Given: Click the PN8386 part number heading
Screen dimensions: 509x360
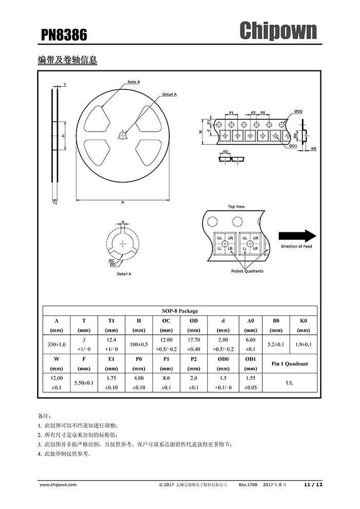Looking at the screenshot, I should (x=64, y=35).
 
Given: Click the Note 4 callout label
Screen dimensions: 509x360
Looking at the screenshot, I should (x=134, y=82).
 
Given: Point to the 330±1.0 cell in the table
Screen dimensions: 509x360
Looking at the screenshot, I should (x=57, y=344).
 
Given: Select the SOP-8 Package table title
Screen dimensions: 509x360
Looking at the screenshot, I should (x=180, y=311).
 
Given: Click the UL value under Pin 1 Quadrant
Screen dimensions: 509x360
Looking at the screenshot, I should (x=290, y=383).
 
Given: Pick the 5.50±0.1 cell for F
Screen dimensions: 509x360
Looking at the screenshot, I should (x=84, y=383).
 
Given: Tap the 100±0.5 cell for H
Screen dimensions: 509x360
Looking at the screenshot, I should (x=139, y=344).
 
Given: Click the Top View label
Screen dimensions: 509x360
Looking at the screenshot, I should (x=236, y=207).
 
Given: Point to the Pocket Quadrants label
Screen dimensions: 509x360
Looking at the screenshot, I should (x=247, y=271).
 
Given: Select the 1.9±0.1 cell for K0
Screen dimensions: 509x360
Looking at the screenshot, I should (x=303, y=344).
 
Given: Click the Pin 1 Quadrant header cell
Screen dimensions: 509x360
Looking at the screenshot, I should (x=290, y=363).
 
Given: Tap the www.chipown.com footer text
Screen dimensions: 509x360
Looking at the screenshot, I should (x=58, y=484).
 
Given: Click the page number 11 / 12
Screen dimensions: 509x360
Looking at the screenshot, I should (x=313, y=484).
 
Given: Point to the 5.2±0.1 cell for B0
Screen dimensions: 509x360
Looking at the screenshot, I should (x=276, y=344).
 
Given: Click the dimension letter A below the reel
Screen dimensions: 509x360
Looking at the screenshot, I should (x=123, y=203).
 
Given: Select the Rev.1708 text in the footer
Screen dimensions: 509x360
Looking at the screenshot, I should (x=248, y=484).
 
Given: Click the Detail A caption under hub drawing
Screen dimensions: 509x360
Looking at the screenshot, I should (x=124, y=274).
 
